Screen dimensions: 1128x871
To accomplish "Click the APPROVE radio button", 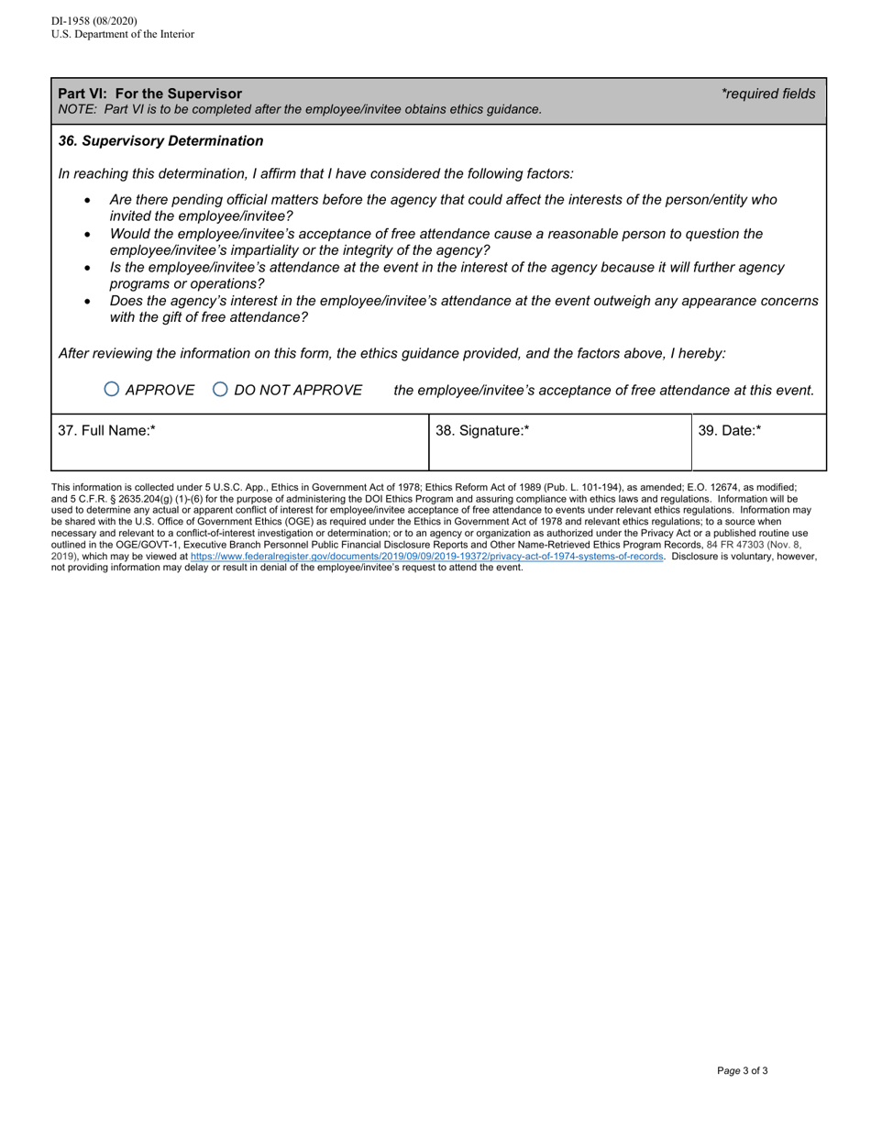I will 112,389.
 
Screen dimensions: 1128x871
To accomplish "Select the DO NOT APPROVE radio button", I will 220,389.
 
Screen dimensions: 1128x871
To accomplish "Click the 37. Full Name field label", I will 106,430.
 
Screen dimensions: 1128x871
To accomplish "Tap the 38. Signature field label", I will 482,430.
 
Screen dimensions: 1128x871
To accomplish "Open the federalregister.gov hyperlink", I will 426,556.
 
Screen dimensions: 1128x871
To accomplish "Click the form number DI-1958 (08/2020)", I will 94,21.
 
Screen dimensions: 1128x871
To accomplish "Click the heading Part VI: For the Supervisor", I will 150,94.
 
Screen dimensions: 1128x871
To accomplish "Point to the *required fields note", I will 767,94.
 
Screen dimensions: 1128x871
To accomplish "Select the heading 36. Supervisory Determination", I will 160,141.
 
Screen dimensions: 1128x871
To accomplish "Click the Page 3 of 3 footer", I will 743,1070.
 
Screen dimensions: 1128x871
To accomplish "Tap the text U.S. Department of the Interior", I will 123,35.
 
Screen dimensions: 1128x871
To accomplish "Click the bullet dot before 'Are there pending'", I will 88,200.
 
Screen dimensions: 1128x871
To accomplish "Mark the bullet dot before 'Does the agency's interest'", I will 88,301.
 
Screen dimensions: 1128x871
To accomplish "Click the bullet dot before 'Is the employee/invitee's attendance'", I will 88,268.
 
